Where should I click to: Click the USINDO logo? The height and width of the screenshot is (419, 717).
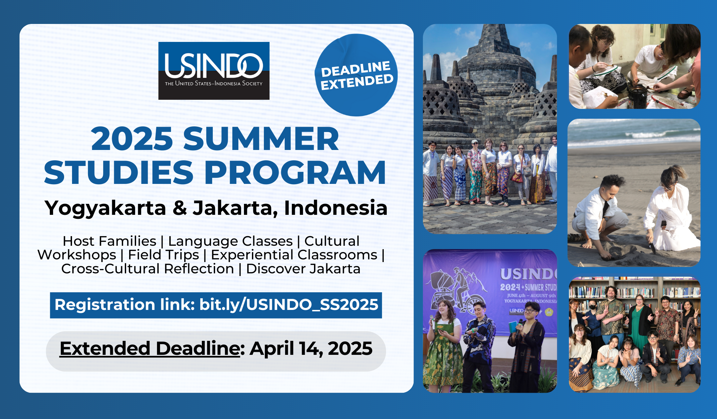point(214,70)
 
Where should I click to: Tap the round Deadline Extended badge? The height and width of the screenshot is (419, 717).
point(356,75)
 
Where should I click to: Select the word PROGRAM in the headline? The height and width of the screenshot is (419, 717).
point(295,172)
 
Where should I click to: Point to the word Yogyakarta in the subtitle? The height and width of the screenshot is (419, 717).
point(106,209)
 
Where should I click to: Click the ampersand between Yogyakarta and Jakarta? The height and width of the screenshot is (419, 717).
point(180,208)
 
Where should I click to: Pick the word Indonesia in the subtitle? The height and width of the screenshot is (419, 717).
point(336,208)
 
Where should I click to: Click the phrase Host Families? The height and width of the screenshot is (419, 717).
point(110,241)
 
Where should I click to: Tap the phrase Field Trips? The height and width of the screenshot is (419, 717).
point(164,255)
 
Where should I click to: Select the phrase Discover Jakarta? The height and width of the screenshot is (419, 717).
point(303,269)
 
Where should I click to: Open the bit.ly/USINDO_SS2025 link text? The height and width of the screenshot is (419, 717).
point(289,305)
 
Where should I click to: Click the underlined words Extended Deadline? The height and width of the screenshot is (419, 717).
point(150,349)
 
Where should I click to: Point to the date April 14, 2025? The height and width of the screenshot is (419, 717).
point(311,349)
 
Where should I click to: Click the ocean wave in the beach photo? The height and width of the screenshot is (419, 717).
point(651,135)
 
